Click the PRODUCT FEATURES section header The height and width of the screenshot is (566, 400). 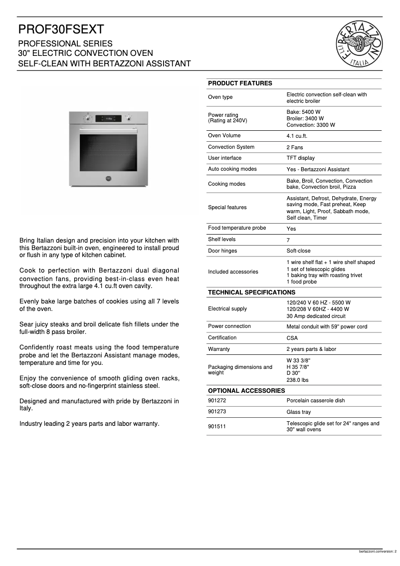coord(240,83)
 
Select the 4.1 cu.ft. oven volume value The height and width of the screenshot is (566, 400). coord(297,136)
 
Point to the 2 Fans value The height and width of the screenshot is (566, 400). coord(294,147)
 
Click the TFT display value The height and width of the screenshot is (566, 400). coord(300,158)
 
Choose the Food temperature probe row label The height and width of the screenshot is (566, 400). coord(236,228)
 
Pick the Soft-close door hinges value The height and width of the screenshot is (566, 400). coord(298,251)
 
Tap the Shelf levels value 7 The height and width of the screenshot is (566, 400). coord(288,240)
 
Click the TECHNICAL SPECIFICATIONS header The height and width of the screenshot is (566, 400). coord(251,292)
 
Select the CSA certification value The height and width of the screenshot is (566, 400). coord(292,338)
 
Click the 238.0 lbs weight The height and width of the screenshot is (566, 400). coord(297,380)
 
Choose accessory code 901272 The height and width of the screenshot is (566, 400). coord(217,401)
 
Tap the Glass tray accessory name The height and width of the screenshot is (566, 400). coord(298,412)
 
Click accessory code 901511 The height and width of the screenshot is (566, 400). coord(217,426)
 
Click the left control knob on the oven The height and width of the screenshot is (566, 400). coord(88,119)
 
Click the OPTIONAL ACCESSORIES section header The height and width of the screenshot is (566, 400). coord(246,390)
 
